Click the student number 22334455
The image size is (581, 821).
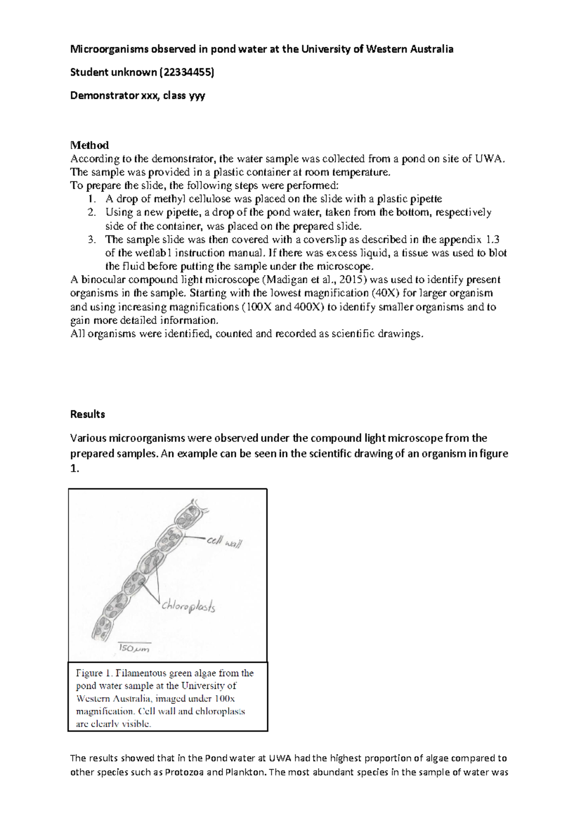coord(186,73)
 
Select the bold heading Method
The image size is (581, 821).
coord(90,145)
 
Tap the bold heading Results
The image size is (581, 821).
coord(88,414)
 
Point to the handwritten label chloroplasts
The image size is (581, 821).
coord(188,606)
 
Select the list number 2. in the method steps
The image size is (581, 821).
coord(92,212)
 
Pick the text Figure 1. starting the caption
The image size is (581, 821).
coord(89,673)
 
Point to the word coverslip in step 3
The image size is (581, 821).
coord(330,239)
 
